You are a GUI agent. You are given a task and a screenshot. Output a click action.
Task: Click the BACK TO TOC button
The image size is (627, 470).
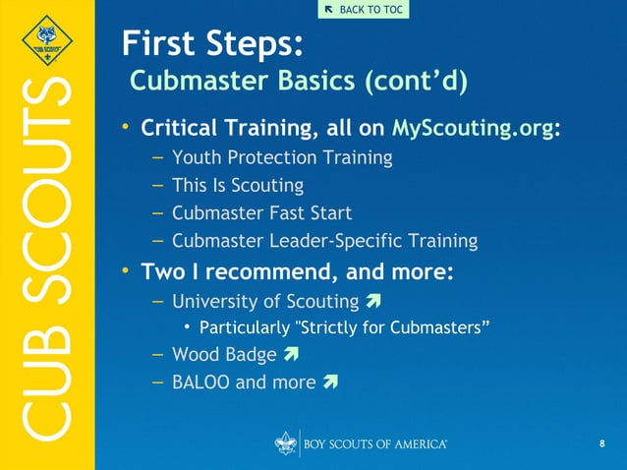coord(363,10)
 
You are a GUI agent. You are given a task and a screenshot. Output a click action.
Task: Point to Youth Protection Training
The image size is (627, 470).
coord(282,157)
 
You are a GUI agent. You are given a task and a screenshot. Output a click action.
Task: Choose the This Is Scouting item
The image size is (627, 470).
coord(237,185)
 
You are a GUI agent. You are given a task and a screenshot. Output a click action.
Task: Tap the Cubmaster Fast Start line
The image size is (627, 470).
coord(261,212)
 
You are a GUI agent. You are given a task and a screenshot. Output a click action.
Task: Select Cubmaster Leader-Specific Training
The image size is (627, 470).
coord(324,240)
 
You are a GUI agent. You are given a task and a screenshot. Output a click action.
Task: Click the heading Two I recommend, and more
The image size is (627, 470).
coord(297,270)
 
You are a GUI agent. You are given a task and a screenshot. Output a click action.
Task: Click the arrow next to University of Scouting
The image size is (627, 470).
coord(371,301)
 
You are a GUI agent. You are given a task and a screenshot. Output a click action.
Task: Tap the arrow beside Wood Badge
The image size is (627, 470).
coord(290,354)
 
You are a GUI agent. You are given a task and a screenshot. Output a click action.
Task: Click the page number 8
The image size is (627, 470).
coord(601,445)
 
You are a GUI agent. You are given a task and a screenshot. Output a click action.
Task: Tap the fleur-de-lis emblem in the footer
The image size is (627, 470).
coord(285,444)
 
